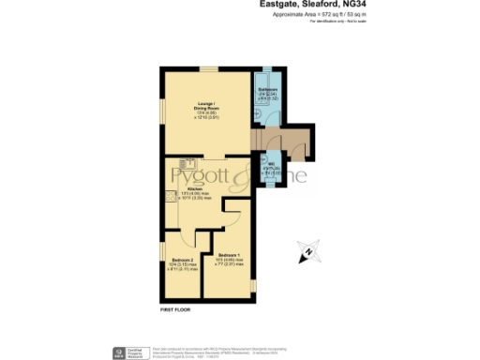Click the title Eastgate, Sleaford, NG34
319,5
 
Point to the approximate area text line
319,16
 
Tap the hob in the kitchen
171,196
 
